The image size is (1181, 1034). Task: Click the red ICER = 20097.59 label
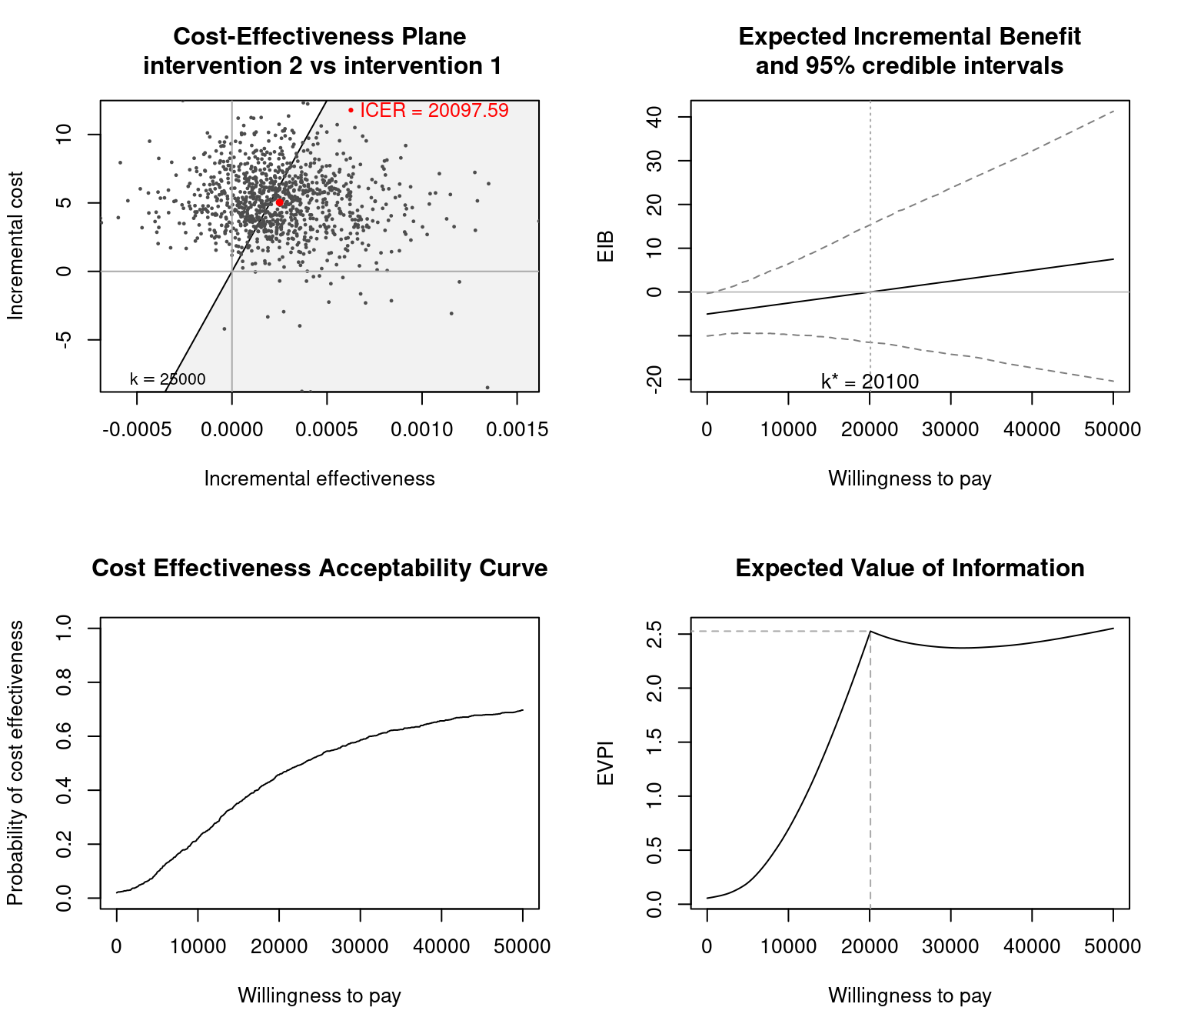click(x=434, y=111)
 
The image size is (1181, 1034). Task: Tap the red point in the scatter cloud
click(x=280, y=202)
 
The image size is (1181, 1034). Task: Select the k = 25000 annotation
click(x=168, y=379)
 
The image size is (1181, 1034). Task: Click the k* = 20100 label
click(x=870, y=382)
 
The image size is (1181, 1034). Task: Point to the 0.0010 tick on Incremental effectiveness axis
click(x=422, y=430)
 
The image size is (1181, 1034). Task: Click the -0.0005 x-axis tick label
click(x=137, y=430)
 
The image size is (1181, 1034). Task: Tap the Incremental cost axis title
click(x=16, y=245)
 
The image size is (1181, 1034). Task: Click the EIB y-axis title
click(x=606, y=245)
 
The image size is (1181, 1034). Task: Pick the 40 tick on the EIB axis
click(x=655, y=117)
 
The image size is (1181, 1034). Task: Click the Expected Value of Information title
click(x=910, y=569)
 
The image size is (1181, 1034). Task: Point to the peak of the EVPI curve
click(x=870, y=632)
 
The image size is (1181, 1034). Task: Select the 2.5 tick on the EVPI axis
click(x=655, y=634)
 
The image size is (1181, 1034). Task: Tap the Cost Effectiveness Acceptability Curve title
click(x=320, y=569)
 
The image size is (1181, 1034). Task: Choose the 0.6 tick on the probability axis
click(x=65, y=736)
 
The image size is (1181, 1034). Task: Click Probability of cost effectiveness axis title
click(x=16, y=763)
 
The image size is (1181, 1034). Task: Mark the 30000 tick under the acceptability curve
click(x=361, y=947)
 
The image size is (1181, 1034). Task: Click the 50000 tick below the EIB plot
click(x=1113, y=430)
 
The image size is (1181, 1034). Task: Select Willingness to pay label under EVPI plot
click(x=910, y=996)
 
